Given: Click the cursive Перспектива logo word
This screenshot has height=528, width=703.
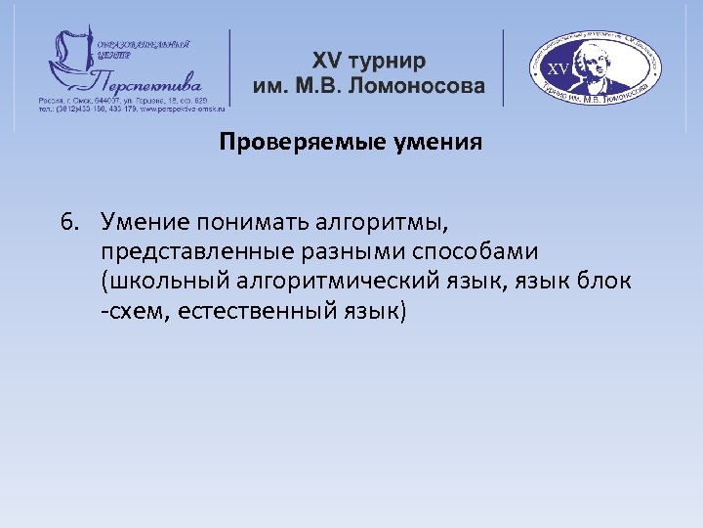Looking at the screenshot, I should coord(146,78).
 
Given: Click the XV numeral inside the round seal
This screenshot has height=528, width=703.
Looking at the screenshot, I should coord(558,69).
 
